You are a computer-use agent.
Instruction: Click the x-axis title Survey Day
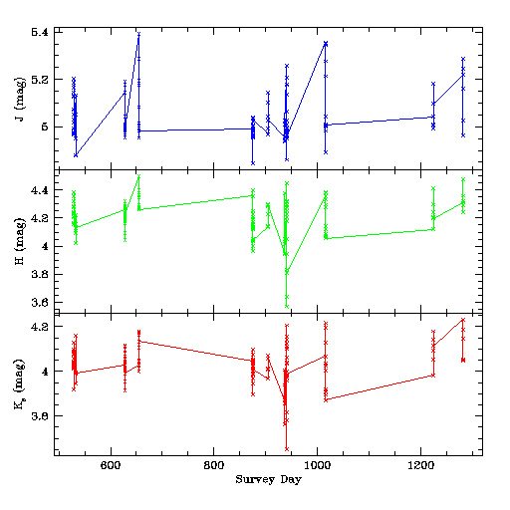click(x=269, y=479)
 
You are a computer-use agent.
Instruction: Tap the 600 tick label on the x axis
click(x=111, y=465)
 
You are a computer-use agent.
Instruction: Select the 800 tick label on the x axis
click(x=213, y=465)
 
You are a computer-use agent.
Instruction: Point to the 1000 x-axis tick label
click(x=318, y=465)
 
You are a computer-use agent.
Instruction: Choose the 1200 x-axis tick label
click(x=420, y=465)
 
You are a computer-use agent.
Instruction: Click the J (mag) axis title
click(x=20, y=100)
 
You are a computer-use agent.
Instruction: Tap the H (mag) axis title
click(x=20, y=241)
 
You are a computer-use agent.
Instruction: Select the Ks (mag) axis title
click(x=20, y=383)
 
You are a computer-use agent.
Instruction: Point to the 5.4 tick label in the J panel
click(x=40, y=32)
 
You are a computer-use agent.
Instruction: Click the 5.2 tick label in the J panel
click(x=40, y=80)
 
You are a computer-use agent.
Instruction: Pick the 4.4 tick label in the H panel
click(x=40, y=190)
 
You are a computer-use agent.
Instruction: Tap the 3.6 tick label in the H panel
click(x=40, y=302)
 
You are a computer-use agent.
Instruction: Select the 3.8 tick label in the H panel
click(x=40, y=274)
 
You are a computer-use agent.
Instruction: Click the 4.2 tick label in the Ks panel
click(x=40, y=327)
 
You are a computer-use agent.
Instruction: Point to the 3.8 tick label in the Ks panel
click(x=40, y=415)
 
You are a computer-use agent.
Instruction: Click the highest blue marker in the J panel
click(x=138, y=34)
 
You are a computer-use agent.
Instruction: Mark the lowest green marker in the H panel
click(x=287, y=306)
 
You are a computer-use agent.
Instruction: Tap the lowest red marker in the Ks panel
click(x=287, y=449)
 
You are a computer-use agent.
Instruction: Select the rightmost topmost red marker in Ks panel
click(x=463, y=320)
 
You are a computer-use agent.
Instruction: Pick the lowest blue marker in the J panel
click(x=253, y=163)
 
